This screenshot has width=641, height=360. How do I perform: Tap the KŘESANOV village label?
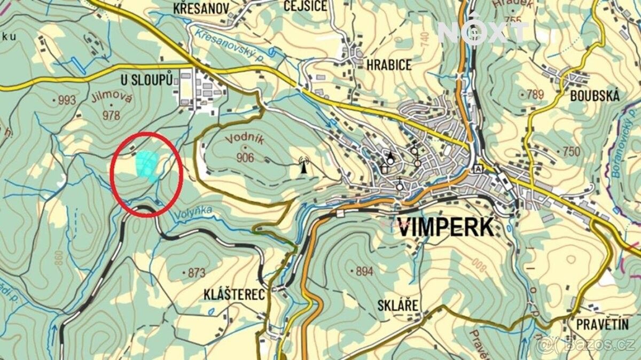point(201,8)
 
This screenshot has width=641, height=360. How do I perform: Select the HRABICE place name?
point(388,65)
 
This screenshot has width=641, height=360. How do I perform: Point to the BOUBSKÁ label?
point(595,96)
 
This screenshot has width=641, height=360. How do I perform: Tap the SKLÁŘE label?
point(397,305)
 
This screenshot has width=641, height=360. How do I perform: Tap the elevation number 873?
point(196,273)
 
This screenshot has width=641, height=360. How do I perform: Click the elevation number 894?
point(364,271)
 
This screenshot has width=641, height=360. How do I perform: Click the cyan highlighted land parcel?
point(147,165)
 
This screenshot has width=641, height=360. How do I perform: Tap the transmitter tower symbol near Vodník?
point(304,165)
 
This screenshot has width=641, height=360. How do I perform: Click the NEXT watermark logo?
point(483,33)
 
